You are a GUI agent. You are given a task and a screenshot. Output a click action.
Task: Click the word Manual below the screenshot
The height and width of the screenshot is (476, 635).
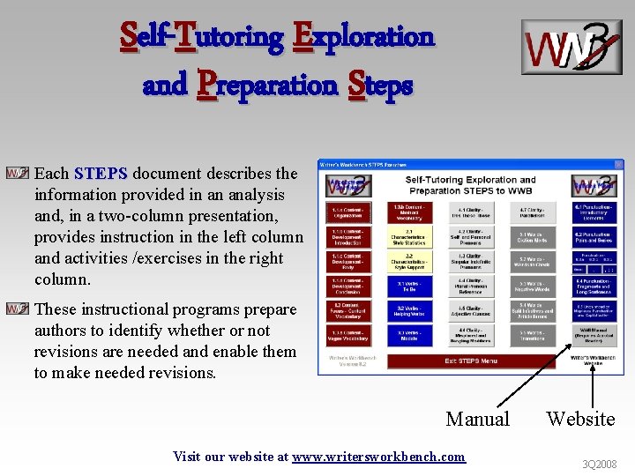(x=477, y=419)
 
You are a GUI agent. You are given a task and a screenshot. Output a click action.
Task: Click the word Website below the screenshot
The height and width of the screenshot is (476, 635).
(x=580, y=419)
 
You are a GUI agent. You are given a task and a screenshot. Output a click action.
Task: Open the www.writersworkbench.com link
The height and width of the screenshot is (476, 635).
(x=378, y=456)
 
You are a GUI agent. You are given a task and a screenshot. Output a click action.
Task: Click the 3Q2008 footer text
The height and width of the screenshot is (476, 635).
(x=599, y=464)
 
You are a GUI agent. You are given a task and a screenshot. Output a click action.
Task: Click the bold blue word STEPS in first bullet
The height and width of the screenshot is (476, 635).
(x=101, y=174)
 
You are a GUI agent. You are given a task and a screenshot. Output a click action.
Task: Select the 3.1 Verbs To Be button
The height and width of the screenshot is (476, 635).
(x=409, y=286)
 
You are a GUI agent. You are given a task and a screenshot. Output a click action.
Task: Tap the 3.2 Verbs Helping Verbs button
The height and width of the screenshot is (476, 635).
(x=409, y=311)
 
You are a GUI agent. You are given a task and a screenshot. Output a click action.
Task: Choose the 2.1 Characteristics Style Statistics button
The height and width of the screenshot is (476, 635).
(x=409, y=237)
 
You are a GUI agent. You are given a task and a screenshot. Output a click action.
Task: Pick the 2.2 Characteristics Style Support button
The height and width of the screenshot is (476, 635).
(x=409, y=262)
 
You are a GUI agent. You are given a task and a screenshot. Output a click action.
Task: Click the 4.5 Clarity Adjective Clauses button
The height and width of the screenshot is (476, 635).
(x=470, y=311)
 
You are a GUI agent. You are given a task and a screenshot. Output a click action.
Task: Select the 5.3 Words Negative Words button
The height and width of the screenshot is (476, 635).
(x=531, y=286)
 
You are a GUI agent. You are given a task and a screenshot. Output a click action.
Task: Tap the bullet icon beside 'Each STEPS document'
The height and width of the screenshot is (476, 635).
(x=17, y=174)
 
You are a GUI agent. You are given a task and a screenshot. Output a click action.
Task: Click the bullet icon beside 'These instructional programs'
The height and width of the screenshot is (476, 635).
(x=17, y=309)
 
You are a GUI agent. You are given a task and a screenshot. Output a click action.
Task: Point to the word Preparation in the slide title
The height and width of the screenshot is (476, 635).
(x=267, y=86)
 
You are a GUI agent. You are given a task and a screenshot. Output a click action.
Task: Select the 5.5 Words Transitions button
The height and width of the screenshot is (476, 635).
(x=531, y=336)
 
